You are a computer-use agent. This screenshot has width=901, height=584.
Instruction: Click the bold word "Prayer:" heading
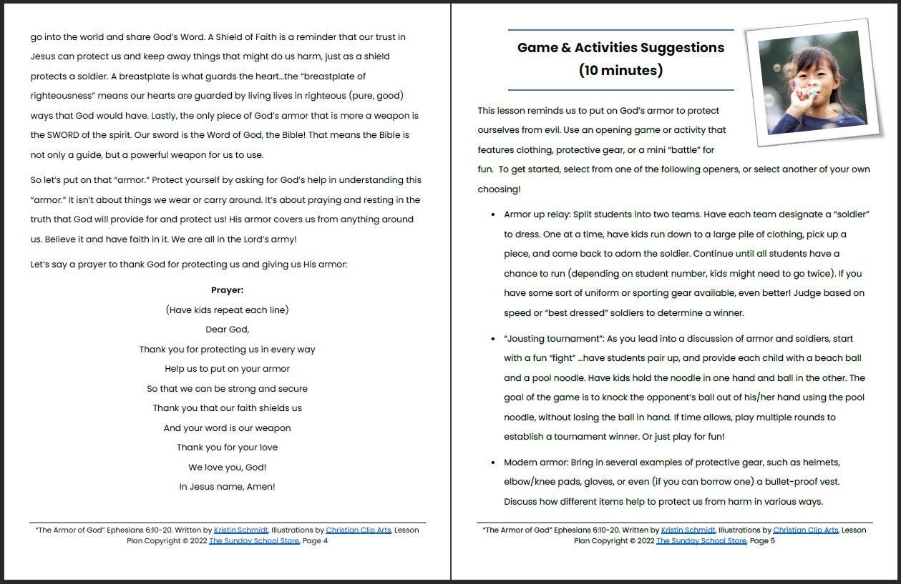227,290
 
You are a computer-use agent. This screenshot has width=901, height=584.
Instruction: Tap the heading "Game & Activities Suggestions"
620,48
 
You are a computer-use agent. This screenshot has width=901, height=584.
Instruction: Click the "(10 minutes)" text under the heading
620,70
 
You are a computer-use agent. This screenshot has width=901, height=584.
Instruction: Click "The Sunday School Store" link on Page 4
254,541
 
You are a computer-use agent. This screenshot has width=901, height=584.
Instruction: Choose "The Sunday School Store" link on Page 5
701,541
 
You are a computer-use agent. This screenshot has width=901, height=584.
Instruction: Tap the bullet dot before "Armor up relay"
493,214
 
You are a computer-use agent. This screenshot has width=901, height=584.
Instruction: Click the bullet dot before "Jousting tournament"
493,339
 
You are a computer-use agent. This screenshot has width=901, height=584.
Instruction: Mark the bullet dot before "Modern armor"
493,462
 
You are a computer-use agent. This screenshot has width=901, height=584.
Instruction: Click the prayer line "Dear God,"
227,330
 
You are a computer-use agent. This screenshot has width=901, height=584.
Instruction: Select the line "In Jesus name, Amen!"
227,487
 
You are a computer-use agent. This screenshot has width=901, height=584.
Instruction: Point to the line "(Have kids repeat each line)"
227,310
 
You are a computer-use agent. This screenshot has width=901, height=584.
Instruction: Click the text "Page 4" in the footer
315,541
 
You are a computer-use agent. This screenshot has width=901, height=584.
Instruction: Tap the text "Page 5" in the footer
762,541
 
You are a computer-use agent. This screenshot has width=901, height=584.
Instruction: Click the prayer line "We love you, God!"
227,467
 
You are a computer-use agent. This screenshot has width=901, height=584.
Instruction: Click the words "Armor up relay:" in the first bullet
537,214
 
